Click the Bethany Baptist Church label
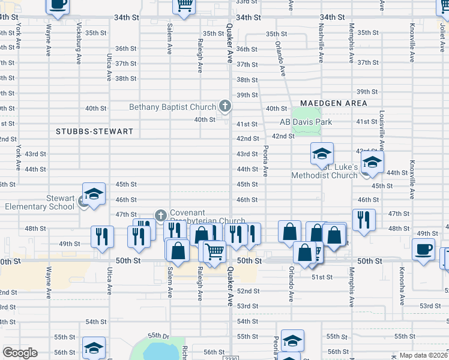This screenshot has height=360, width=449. [172, 107]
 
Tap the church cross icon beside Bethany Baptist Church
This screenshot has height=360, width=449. [225, 107]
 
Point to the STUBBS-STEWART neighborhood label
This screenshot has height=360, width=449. [94, 131]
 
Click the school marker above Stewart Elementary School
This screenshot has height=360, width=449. [94, 193]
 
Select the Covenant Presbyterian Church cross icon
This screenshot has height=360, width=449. [160, 215]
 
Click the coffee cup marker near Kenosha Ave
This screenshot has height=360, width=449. [424, 248]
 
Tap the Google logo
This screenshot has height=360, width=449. [20, 353]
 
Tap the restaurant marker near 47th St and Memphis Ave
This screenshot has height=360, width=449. [363, 220]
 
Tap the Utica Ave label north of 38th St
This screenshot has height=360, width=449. [109, 67]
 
